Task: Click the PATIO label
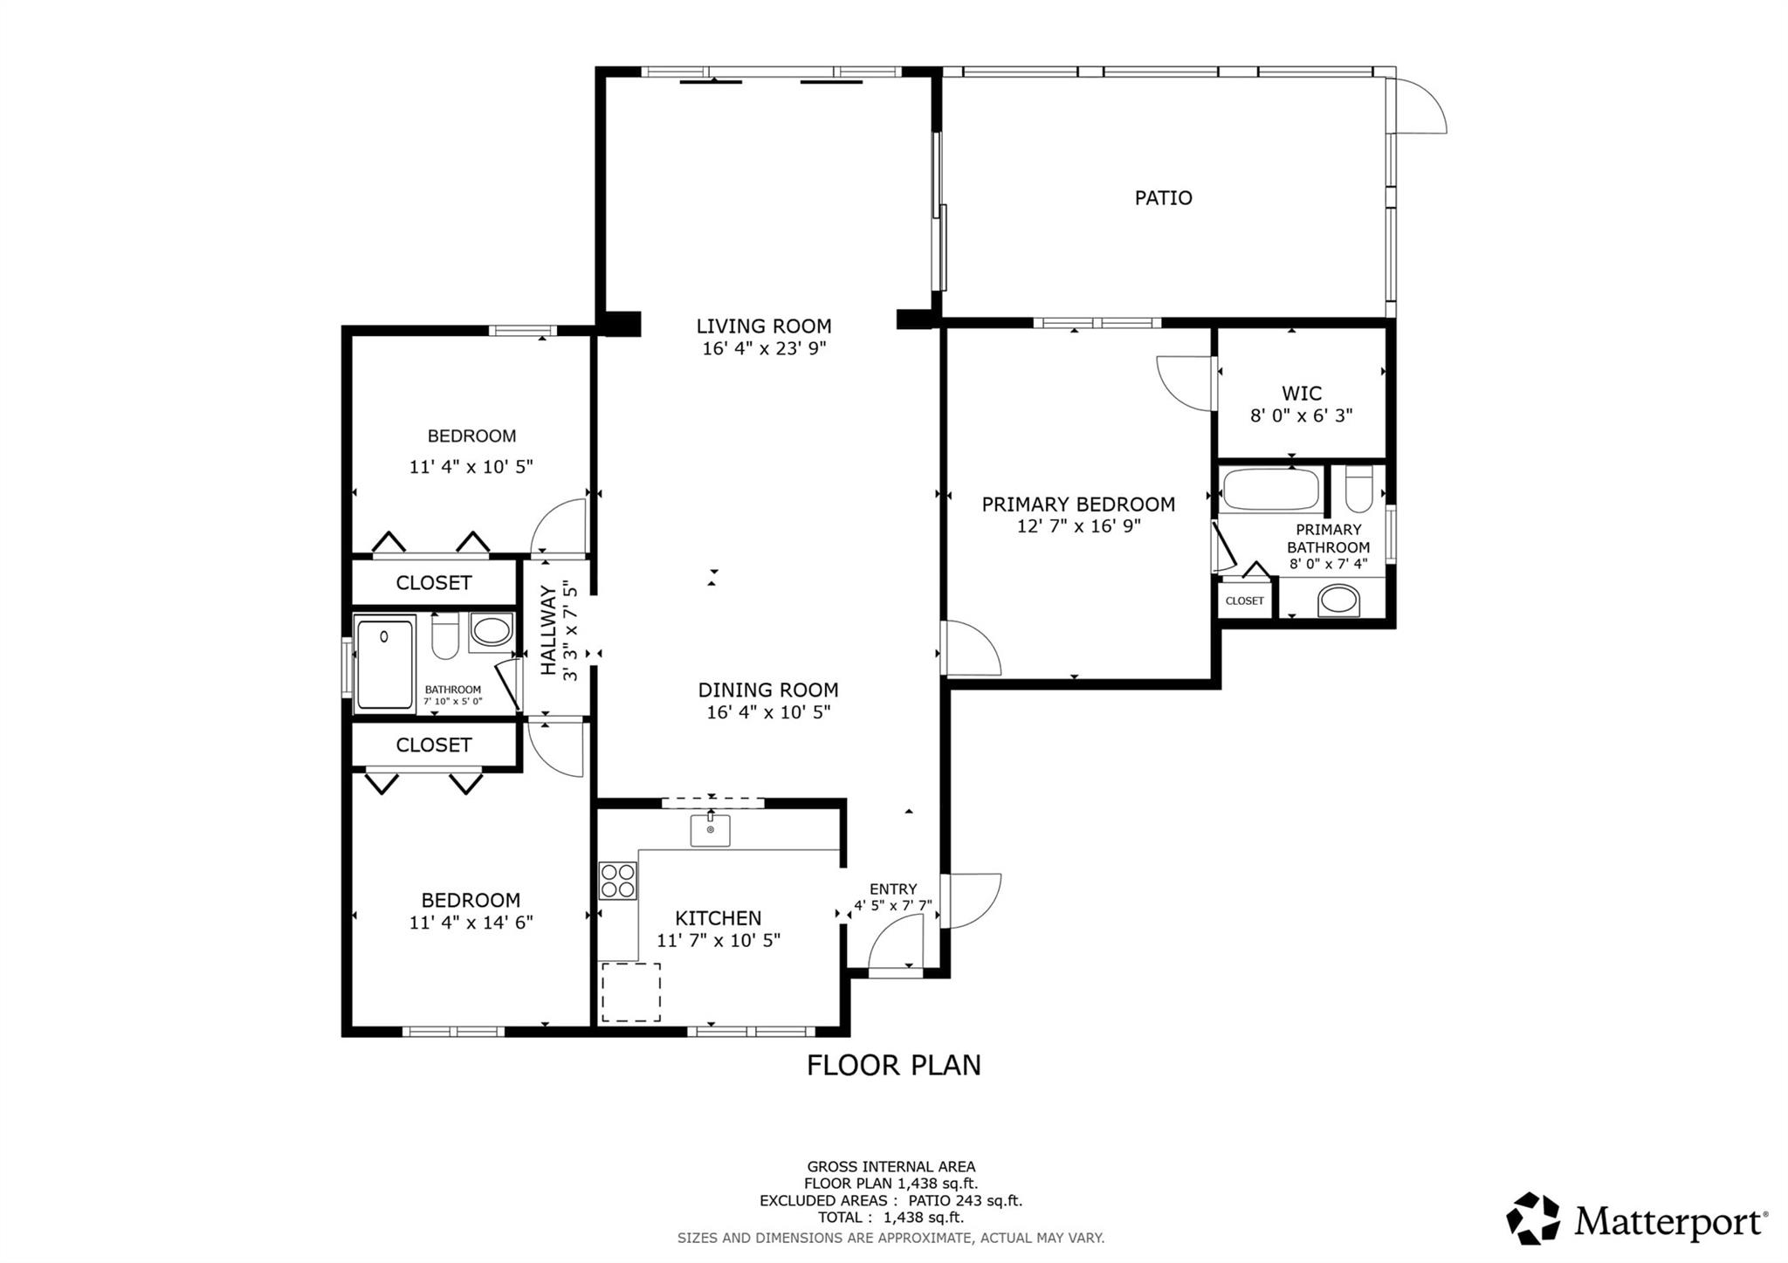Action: point(1163,198)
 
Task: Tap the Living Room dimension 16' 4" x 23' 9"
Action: point(764,349)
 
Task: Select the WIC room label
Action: point(1301,393)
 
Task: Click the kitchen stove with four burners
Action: point(617,881)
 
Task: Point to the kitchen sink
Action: point(710,830)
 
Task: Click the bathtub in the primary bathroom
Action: point(1270,491)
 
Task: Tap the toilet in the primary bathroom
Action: point(1358,490)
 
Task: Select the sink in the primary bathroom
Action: point(1338,600)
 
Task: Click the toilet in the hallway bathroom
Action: point(445,636)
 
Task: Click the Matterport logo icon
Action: point(1533,1218)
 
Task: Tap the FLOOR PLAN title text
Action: point(893,1065)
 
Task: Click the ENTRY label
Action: point(892,889)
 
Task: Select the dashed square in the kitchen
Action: point(630,992)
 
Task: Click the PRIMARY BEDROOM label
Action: point(1078,505)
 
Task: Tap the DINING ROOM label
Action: point(767,690)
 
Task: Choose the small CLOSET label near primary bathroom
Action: point(1244,601)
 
